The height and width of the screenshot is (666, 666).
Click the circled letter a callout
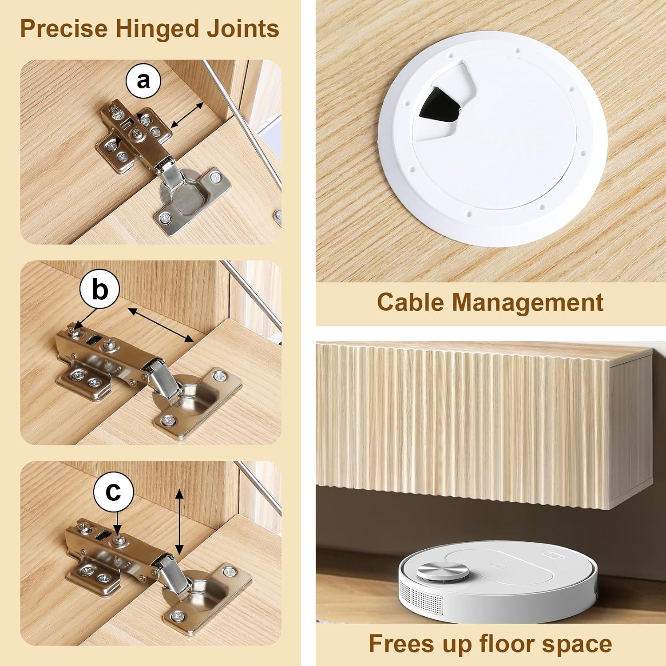click(143, 81)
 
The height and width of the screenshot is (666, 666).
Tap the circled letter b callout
click(100, 289)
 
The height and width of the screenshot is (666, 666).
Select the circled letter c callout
click(114, 492)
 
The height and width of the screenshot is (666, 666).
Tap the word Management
click(527, 303)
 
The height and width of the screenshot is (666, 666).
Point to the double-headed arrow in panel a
click(187, 115)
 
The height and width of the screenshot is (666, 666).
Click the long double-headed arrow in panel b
click(161, 325)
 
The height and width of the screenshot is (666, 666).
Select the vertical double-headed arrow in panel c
click(179, 522)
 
